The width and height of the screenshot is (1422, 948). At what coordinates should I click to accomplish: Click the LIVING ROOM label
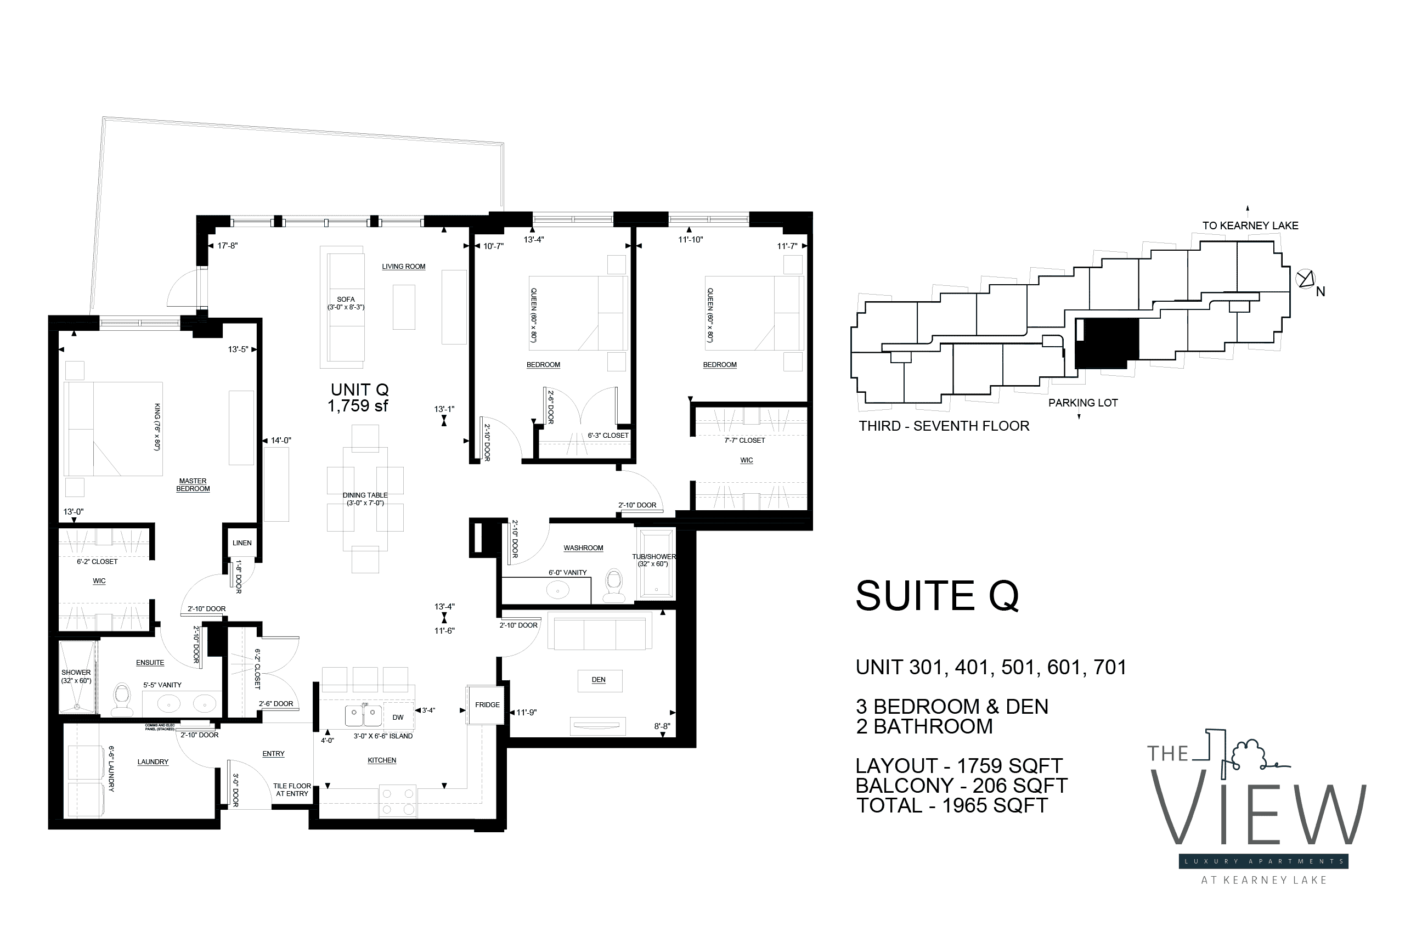coord(403,267)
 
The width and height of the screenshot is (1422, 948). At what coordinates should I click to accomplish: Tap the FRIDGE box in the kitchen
coord(487,705)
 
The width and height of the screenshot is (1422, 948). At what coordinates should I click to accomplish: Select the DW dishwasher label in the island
coord(398,718)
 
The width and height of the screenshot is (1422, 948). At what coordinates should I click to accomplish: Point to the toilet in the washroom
coord(614,586)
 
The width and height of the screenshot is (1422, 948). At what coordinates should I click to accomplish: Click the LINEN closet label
coord(242,543)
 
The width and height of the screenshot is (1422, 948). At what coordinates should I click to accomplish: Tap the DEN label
coord(599,680)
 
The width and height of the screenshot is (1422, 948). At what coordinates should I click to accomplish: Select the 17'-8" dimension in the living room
coord(227,246)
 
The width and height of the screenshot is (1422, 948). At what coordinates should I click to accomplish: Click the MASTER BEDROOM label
coord(193,485)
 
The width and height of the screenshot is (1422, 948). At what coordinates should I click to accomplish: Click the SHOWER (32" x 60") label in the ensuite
coord(76,676)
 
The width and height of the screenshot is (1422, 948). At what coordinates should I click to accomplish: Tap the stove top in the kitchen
coord(398,801)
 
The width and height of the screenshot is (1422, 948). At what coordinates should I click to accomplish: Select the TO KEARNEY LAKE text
coord(1250,225)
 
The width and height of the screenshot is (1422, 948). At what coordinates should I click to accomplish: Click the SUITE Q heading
coord(936,596)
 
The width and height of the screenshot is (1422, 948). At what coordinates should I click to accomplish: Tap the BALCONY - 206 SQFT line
coord(961,786)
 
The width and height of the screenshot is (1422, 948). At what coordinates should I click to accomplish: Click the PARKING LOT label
coord(1083,403)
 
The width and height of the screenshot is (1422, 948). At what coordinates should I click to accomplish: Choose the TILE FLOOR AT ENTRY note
coord(292,789)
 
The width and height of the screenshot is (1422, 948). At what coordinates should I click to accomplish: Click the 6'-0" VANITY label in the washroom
coord(567,573)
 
